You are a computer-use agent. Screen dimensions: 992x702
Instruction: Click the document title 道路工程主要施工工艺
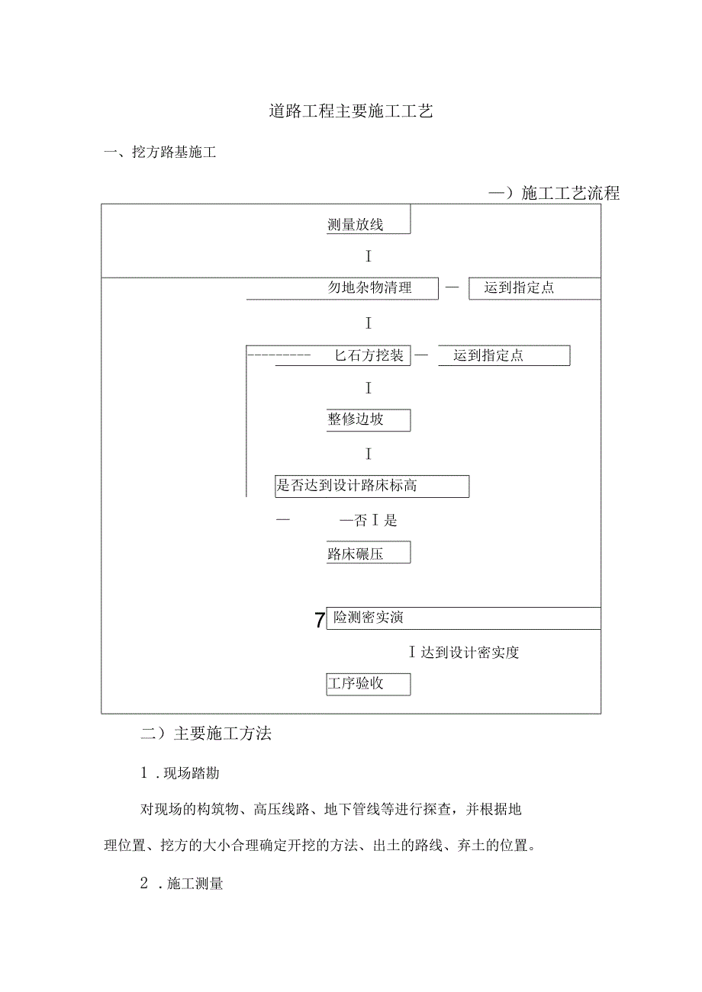[351, 111]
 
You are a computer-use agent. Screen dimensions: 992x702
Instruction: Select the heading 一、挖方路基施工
[160, 152]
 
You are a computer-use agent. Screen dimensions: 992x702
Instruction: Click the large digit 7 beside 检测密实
[320, 620]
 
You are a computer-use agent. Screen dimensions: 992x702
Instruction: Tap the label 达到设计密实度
[469, 653]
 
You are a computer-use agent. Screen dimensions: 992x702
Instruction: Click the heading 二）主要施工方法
[207, 734]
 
